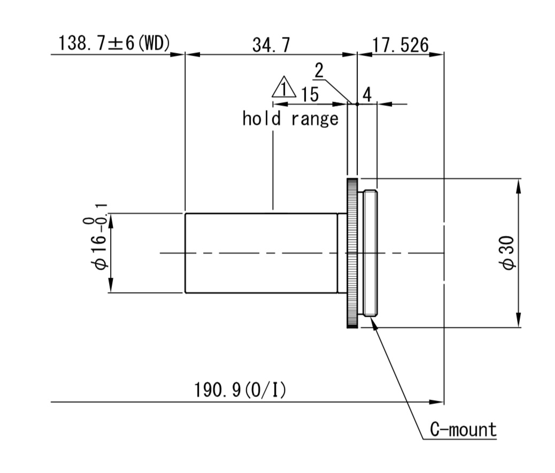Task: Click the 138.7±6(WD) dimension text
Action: click(114, 44)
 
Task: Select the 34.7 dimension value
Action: click(271, 45)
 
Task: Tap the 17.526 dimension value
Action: click(400, 45)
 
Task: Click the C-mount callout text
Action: click(463, 430)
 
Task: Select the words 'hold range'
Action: click(290, 118)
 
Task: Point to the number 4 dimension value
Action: click(367, 95)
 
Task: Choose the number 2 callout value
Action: click(319, 70)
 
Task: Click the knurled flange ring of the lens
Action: click(352, 253)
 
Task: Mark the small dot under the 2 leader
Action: click(357, 104)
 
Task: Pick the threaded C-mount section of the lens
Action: click(370, 253)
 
